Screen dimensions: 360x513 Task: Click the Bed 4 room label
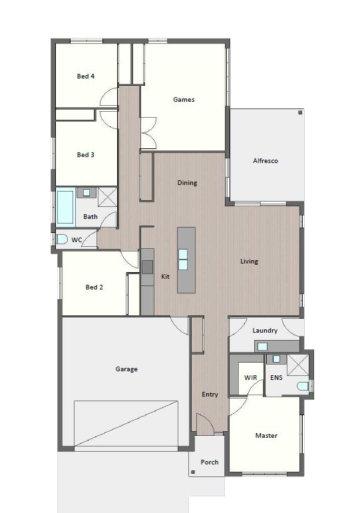click(x=86, y=77)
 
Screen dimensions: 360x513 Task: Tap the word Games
click(x=184, y=99)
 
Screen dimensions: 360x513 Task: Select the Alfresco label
click(x=266, y=160)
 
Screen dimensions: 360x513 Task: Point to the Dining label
click(x=187, y=182)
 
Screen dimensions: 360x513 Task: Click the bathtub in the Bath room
click(x=65, y=207)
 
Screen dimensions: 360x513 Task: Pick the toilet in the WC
click(x=61, y=239)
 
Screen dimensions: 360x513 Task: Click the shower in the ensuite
click(x=297, y=365)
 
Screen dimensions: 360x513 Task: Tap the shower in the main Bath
click(x=107, y=197)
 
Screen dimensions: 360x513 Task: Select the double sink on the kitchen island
click(x=183, y=259)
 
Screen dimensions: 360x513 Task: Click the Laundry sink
click(x=262, y=347)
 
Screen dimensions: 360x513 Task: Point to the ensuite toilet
click(x=303, y=386)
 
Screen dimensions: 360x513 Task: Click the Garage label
click(x=126, y=369)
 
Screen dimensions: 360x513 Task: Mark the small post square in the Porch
click(x=193, y=472)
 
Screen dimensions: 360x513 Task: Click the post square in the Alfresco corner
click(x=300, y=112)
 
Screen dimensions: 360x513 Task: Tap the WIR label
click(x=250, y=377)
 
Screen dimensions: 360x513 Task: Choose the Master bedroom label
click(x=266, y=435)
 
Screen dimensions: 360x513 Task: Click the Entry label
click(x=210, y=395)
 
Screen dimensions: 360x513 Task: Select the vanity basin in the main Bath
click(x=86, y=192)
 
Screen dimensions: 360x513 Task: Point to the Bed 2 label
click(x=94, y=287)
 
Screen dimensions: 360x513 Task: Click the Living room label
click(x=249, y=261)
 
